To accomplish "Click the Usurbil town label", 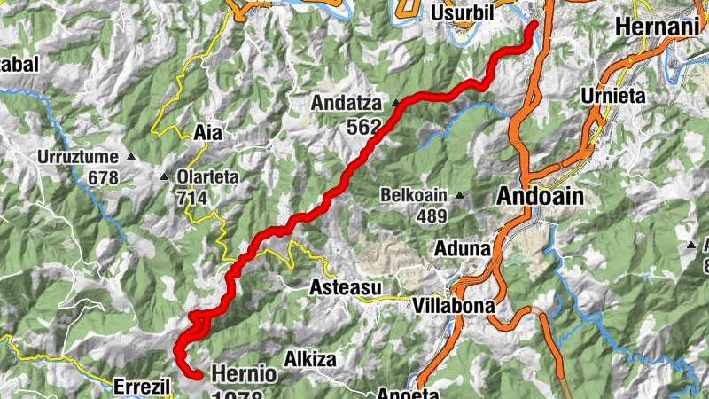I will [x=462, y=13].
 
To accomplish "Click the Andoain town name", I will [x=540, y=197].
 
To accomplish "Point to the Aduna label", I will [x=462, y=249].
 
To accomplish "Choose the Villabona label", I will [x=452, y=305].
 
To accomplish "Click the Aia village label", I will [x=208, y=133].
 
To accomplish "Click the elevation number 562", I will [x=363, y=127].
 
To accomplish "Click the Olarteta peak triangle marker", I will [x=164, y=176].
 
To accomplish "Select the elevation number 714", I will [x=191, y=198].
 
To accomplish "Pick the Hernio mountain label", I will [x=244, y=374].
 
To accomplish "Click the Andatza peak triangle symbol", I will [x=395, y=103].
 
